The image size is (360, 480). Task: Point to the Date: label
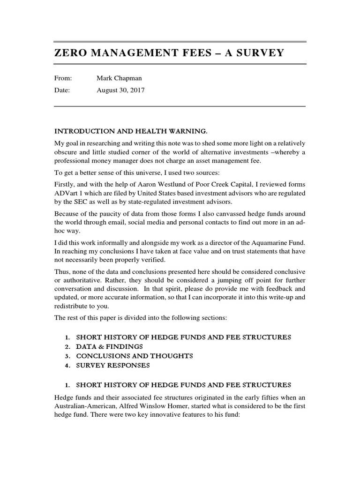(x=62, y=90)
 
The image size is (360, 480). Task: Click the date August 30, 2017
(x=120, y=90)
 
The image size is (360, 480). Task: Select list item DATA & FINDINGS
(x=109, y=347)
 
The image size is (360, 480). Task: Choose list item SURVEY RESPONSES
(x=113, y=365)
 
